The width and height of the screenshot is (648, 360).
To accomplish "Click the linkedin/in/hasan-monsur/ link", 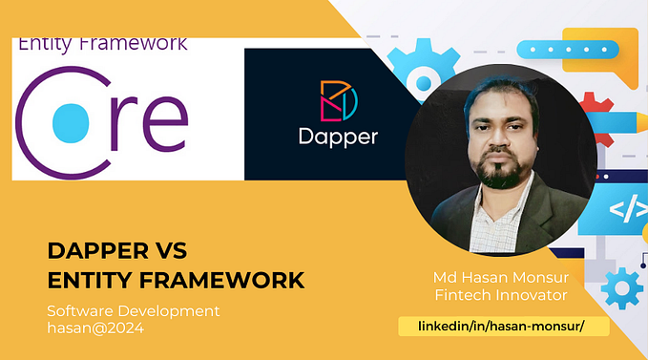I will click(501, 327).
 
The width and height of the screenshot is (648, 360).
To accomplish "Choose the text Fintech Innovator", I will click(501, 295).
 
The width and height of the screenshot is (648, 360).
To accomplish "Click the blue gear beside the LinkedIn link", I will click(623, 287).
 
